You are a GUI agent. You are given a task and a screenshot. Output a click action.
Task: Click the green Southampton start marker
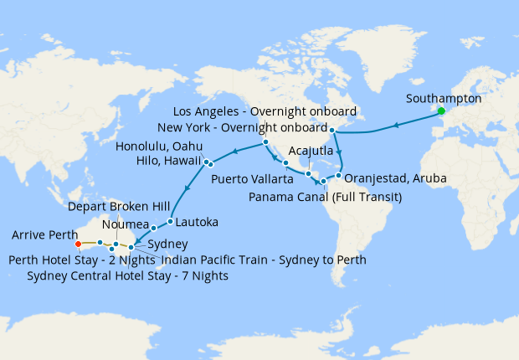tap(441, 111)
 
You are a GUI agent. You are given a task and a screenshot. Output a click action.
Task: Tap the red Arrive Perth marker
tap(78, 244)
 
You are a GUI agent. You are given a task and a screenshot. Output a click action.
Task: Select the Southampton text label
tap(443, 98)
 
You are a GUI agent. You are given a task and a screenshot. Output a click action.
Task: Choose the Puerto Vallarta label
tap(252, 179)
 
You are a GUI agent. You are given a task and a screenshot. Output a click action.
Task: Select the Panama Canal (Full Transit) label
tap(326, 197)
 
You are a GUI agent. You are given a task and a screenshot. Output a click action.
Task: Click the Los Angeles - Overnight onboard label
tap(265, 111)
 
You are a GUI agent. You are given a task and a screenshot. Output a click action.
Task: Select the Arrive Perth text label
tap(44, 234)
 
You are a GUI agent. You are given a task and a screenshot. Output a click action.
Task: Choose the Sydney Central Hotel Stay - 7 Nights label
tap(127, 275)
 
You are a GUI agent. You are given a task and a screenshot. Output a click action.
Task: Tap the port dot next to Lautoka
tap(170, 222)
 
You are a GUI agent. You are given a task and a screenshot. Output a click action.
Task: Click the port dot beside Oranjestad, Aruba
tap(339, 176)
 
